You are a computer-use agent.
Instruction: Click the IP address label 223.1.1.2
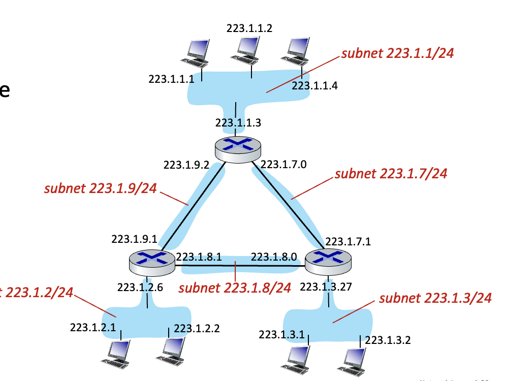coord(249,28)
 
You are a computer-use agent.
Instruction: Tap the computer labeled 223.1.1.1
coord(197,53)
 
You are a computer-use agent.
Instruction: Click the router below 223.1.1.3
coord(238,149)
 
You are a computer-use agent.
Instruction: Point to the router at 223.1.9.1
coord(152,261)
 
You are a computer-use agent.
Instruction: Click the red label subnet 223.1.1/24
coord(397,53)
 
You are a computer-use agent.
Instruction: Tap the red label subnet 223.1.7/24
coord(391,173)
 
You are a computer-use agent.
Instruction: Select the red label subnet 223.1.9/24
coord(101,189)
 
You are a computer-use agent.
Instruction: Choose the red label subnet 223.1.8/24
coord(234,288)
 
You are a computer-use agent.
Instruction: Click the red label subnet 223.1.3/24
coord(435,298)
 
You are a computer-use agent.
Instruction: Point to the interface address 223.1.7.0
coord(281,164)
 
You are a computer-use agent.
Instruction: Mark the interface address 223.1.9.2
coord(186,165)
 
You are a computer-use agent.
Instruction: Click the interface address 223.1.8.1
coord(199,257)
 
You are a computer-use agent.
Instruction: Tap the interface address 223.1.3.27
coord(326,287)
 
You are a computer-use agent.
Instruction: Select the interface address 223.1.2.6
coord(140,288)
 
